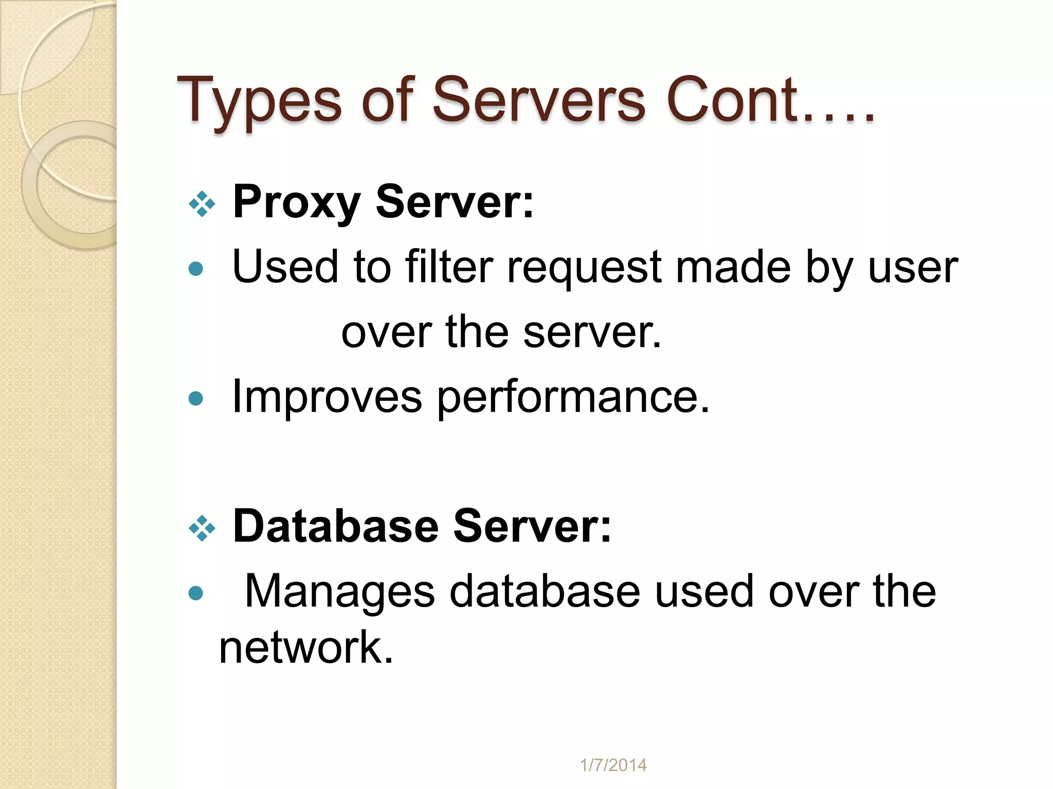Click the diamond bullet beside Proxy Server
click(x=202, y=204)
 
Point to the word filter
click(x=449, y=267)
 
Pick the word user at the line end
click(x=913, y=268)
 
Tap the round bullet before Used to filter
click(x=196, y=269)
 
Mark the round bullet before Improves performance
click(x=196, y=399)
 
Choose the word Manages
click(x=340, y=592)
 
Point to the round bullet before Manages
click(x=196, y=594)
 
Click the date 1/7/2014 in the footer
click(x=613, y=765)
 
